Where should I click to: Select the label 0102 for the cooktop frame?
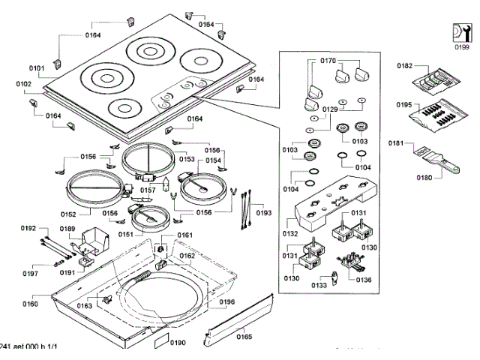23,84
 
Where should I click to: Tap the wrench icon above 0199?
460,32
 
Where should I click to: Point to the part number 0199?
460,47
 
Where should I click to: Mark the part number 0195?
404,106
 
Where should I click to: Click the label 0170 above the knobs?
328,60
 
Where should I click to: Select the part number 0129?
331,109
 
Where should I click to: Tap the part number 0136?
364,280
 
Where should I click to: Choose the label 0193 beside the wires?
263,214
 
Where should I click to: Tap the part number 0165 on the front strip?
244,337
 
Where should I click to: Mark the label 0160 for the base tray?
30,304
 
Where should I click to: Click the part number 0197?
30,273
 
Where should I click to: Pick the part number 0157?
148,190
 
